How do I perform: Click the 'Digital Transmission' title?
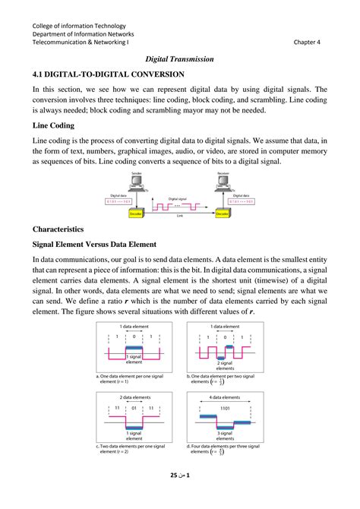pos(179,58)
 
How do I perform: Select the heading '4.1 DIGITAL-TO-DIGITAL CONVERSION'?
pos(109,74)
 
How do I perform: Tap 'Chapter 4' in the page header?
pos(308,43)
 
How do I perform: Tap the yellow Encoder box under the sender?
pos(137,214)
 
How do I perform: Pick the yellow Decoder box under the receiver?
pos(221,214)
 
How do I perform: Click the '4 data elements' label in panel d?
pos(223,398)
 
